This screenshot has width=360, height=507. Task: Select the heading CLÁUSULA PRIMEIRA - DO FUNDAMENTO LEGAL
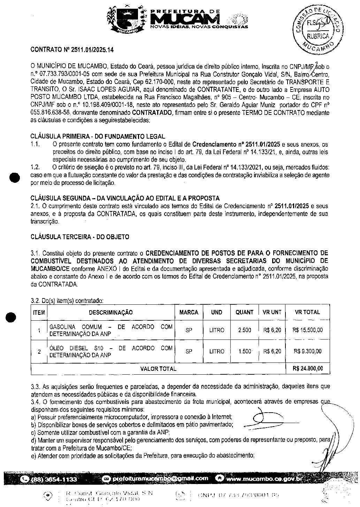(x=98, y=136)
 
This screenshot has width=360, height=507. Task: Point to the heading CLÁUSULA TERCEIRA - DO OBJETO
(x=80, y=237)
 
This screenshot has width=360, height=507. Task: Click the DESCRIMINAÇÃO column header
(x=110, y=312)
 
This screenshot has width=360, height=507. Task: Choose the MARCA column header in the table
(x=189, y=312)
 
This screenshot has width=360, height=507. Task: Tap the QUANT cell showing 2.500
(x=244, y=330)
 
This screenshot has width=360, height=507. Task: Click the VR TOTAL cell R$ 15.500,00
(x=307, y=330)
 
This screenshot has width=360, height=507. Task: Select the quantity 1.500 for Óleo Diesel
(x=244, y=351)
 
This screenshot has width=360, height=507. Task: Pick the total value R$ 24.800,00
(x=308, y=368)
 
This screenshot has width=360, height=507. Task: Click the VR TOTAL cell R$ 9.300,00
(x=307, y=351)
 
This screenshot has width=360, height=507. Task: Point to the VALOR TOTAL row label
(x=158, y=368)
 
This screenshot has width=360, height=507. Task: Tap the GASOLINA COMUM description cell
(x=111, y=330)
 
